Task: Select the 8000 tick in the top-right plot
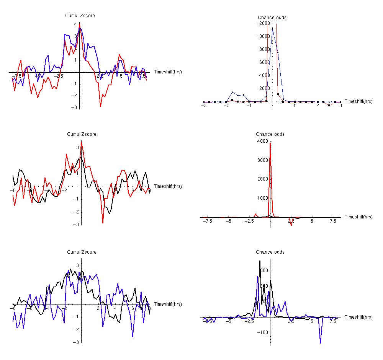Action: pos(263,49)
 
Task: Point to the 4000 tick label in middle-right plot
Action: pos(263,142)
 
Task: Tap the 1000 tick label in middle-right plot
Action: pos(263,198)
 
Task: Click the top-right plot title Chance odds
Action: pos(272,18)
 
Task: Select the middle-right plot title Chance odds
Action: pos(270,134)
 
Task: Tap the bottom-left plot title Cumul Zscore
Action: pos(82,252)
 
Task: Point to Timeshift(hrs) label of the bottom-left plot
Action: pos(167,304)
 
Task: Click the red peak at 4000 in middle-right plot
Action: pos(270,143)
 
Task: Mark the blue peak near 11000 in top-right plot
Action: pos(272,29)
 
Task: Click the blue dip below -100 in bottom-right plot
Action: pos(320,343)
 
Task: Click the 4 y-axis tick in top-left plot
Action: pos(75,24)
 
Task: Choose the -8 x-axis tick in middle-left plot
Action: pos(13,191)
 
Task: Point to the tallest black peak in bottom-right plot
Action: pos(260,261)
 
